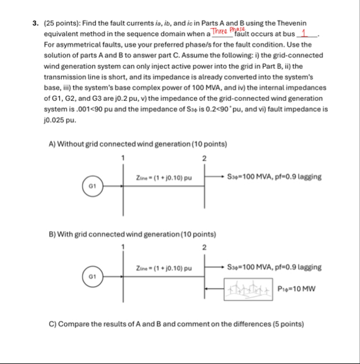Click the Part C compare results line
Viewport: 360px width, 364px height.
(x=176, y=324)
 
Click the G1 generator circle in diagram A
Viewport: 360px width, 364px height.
(x=91, y=186)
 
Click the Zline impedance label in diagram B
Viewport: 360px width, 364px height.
(x=163, y=267)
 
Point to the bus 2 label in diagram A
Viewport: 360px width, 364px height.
(x=204, y=157)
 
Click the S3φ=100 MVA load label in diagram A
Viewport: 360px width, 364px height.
(x=274, y=176)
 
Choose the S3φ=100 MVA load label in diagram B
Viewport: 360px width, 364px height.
(x=274, y=267)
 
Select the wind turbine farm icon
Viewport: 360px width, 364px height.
(x=248, y=289)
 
